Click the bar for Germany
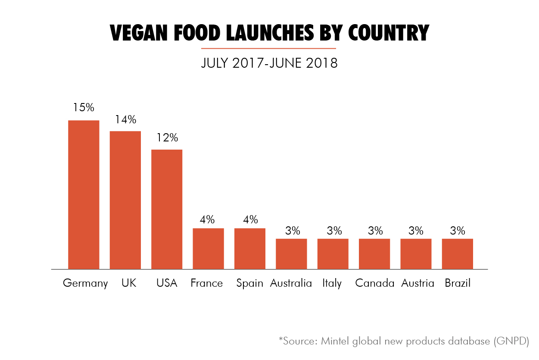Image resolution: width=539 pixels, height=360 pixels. coord(84,194)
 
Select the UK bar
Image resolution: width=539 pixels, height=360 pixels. coord(125,200)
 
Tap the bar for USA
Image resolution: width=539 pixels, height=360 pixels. coord(167,209)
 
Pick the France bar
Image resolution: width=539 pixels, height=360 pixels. coord(208,248)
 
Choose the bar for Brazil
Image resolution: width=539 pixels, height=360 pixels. coord(457,254)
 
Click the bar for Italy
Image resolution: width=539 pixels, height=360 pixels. coord(333,254)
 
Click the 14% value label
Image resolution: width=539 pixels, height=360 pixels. coord(125,119)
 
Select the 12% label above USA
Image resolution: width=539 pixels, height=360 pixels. coord(167,138)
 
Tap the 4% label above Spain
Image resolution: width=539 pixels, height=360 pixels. coord(249,219)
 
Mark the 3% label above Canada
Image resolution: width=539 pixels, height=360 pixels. coord(374,230)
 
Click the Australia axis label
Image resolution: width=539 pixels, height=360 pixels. coord(291,283)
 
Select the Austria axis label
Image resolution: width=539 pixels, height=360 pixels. coord(417,283)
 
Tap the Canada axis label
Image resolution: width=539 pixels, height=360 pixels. coord(374,283)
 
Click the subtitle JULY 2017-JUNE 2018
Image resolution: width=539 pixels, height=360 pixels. coord(269,63)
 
